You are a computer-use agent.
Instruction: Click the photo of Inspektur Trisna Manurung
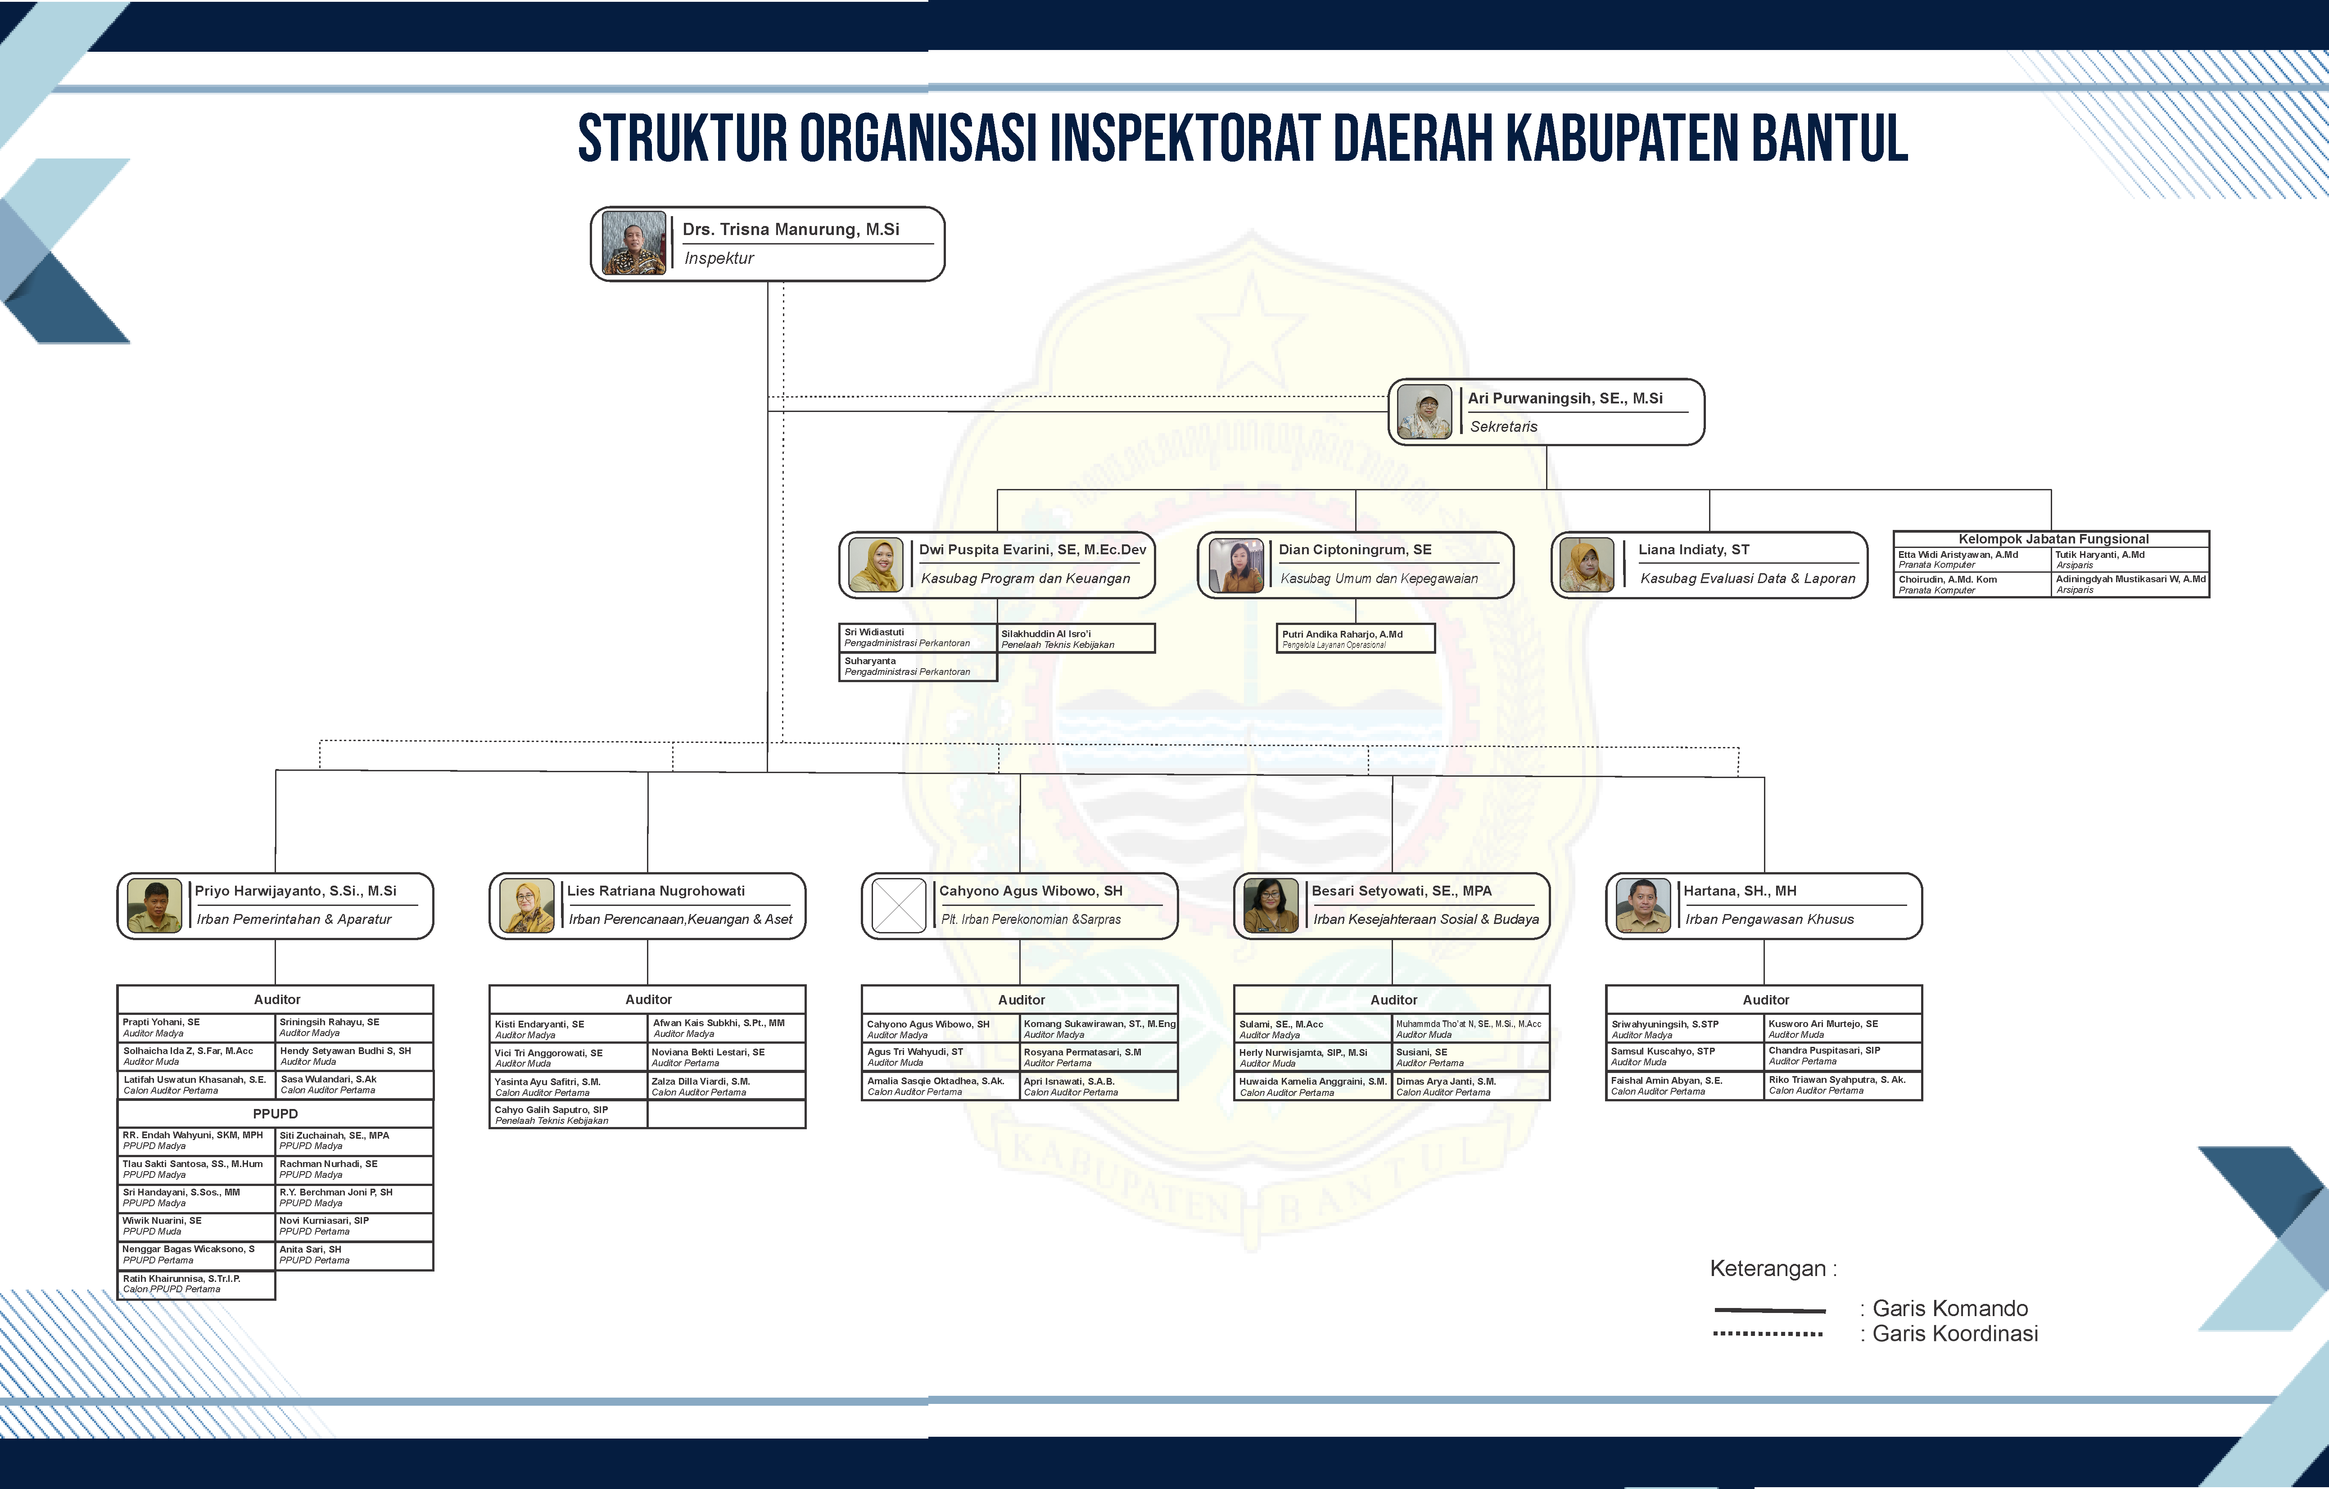[633, 243]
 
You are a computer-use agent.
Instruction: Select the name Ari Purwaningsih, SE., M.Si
[1565, 398]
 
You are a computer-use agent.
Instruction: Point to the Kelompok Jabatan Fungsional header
[2053, 539]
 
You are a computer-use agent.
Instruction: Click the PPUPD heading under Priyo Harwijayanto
[276, 1113]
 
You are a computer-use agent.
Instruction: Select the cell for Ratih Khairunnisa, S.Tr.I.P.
[196, 1284]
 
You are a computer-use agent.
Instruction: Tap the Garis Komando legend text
[1950, 1308]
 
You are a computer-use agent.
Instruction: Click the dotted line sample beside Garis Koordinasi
[1768, 1334]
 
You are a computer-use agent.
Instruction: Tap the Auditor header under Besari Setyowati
[1393, 1000]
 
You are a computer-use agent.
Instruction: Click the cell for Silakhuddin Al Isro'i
[1076, 638]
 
